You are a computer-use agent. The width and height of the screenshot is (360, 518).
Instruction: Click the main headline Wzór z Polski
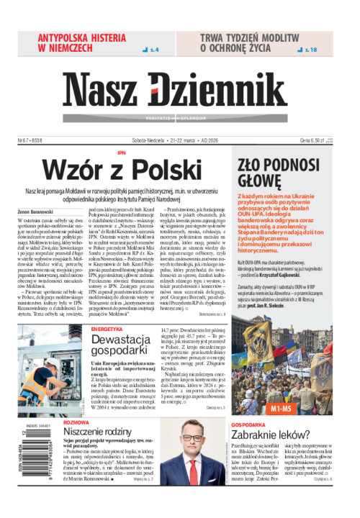tap(132, 170)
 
